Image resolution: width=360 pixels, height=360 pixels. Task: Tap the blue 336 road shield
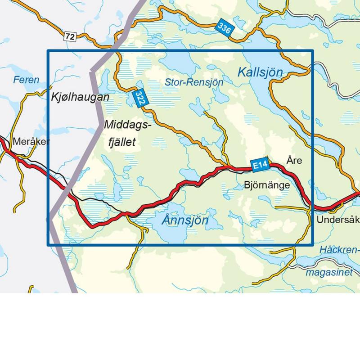coord(225,28)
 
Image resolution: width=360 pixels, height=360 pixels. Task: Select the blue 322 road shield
coord(140,99)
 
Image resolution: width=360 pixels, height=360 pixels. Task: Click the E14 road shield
coord(260,165)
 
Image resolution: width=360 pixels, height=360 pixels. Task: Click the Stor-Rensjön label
coord(194,82)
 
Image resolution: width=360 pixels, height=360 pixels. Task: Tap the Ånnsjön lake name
coord(185,220)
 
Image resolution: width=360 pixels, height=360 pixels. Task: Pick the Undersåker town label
coord(337,220)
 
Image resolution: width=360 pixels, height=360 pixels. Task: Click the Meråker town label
coord(31,141)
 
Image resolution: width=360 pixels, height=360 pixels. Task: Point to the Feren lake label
coord(26,80)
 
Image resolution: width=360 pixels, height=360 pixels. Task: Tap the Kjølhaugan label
coord(80,97)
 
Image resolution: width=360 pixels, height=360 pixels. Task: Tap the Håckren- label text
coord(338,250)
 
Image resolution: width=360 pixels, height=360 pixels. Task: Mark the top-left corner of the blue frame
coord(48,50)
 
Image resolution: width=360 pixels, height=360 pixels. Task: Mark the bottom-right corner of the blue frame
coord(312,245)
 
